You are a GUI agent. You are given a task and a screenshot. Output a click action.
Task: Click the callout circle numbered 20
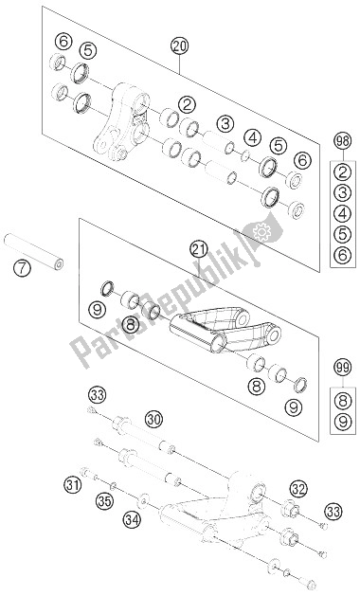point(179,46)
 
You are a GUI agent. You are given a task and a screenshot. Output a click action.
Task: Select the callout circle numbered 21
point(200,250)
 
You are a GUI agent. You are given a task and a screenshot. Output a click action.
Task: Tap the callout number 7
point(22,269)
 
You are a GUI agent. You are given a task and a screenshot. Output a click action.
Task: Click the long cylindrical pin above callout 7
point(33,252)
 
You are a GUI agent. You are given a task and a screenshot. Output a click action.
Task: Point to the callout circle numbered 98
point(343,142)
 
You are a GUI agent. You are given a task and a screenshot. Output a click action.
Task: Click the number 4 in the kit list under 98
point(343,213)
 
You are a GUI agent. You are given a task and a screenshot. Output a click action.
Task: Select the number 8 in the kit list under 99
point(343,400)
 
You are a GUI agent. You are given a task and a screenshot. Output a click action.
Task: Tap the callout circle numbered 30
point(153,420)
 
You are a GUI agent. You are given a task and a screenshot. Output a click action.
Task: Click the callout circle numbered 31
point(73,485)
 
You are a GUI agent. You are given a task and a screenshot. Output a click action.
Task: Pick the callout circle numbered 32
point(299,490)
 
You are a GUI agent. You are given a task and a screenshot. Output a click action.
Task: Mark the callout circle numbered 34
point(132,518)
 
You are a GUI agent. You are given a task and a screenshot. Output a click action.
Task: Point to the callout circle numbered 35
point(104,501)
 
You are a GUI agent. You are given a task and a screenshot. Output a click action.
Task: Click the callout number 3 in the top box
point(225,124)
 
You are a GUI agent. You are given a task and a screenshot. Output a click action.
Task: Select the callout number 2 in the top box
point(187,105)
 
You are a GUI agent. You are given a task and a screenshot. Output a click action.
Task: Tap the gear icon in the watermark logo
point(261,231)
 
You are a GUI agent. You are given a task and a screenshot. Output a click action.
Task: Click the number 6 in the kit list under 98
point(343,255)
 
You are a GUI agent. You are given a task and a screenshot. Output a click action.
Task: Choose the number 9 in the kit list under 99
point(343,421)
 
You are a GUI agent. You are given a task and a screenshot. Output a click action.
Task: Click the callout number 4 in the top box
point(252,138)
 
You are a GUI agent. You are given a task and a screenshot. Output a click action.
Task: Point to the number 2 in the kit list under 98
point(343,172)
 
